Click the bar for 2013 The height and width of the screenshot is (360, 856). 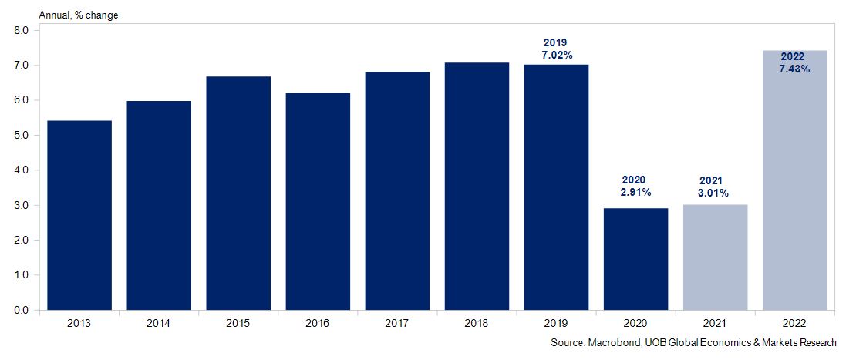click(79, 215)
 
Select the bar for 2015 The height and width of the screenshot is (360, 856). click(238, 193)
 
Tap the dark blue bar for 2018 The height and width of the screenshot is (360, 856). click(477, 186)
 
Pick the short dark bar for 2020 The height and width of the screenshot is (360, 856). click(635, 259)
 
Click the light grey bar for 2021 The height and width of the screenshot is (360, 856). click(715, 257)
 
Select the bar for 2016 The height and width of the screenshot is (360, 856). click(318, 201)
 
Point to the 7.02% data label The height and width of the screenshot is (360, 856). click(556, 56)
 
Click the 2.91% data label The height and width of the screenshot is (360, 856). click(635, 192)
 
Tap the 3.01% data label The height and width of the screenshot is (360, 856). click(715, 193)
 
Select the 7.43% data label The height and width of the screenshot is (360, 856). click(794, 69)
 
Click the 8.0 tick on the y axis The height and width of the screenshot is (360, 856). click(21, 31)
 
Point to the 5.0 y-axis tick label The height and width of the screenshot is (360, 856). click(21, 136)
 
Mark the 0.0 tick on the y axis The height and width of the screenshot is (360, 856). click(21, 311)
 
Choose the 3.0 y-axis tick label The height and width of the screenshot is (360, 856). click(21, 206)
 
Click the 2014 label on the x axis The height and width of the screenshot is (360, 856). click(159, 324)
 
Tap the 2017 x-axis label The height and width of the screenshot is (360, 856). click(397, 324)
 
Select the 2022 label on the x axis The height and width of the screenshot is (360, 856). click(794, 324)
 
